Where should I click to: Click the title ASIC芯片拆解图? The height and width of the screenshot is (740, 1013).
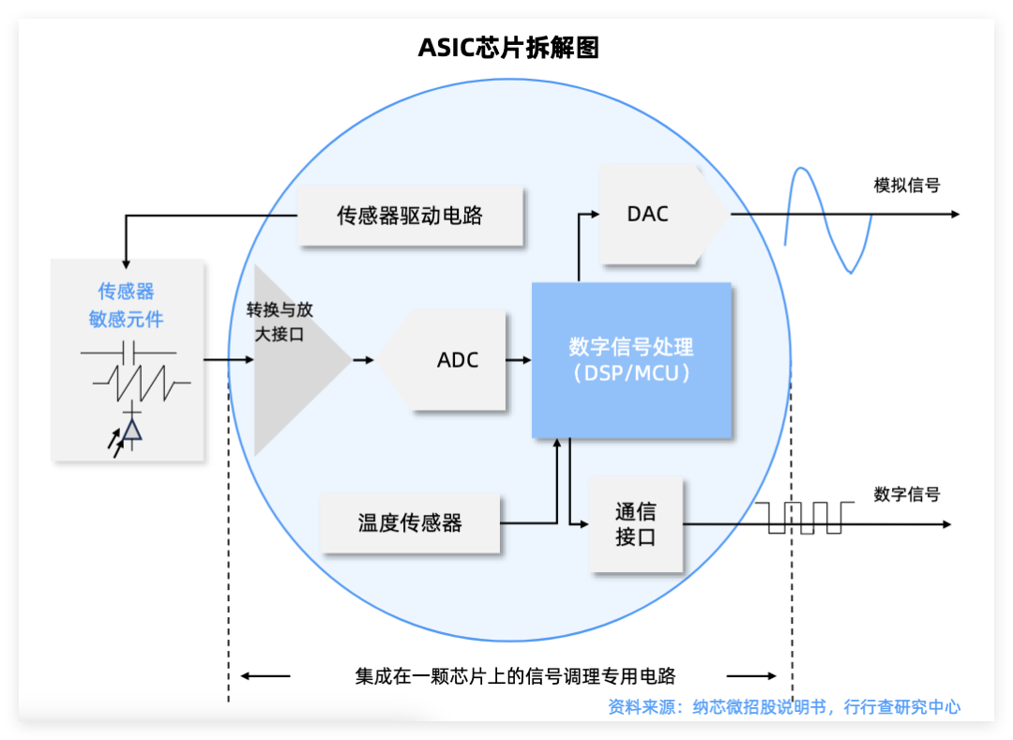(507, 48)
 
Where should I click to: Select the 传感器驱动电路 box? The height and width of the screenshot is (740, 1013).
(410, 216)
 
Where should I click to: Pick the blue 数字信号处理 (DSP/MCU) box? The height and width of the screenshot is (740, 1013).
(631, 360)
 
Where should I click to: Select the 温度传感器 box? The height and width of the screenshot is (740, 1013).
(410, 523)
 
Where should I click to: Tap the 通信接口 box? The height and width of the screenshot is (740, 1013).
(635, 524)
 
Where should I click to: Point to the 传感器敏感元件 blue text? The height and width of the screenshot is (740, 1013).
(127, 306)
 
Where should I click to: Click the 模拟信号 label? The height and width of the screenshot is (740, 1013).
(906, 185)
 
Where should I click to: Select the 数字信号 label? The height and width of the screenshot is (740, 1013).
(906, 493)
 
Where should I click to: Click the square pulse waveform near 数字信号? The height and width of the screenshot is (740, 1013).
(805, 517)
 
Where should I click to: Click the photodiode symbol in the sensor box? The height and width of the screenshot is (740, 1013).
(130, 430)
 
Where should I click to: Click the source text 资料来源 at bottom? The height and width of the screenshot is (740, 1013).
(783, 707)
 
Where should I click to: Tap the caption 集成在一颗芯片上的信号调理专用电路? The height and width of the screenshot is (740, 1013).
(515, 675)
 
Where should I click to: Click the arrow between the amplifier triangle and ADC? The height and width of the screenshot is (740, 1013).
(364, 359)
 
